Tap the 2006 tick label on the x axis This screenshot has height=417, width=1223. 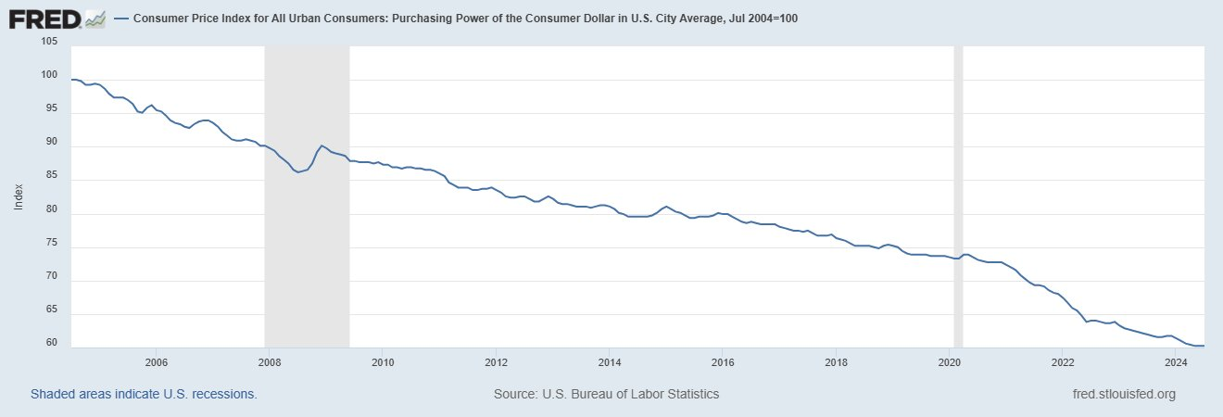(x=156, y=361)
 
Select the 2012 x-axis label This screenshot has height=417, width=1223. (x=496, y=361)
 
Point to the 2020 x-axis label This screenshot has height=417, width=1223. (x=949, y=361)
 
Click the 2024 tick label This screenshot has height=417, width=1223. (x=1176, y=361)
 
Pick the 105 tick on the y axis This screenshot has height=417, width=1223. (x=49, y=42)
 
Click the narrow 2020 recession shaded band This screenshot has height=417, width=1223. (x=958, y=195)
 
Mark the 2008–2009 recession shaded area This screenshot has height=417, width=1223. (x=307, y=195)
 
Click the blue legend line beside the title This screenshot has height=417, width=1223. (x=120, y=19)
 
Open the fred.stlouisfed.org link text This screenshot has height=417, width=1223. (x=1122, y=394)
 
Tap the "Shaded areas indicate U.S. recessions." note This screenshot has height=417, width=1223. (x=144, y=394)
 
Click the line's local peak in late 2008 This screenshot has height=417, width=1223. (x=321, y=145)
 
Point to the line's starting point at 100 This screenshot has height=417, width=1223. (x=72, y=80)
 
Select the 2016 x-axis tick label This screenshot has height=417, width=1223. (x=723, y=361)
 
